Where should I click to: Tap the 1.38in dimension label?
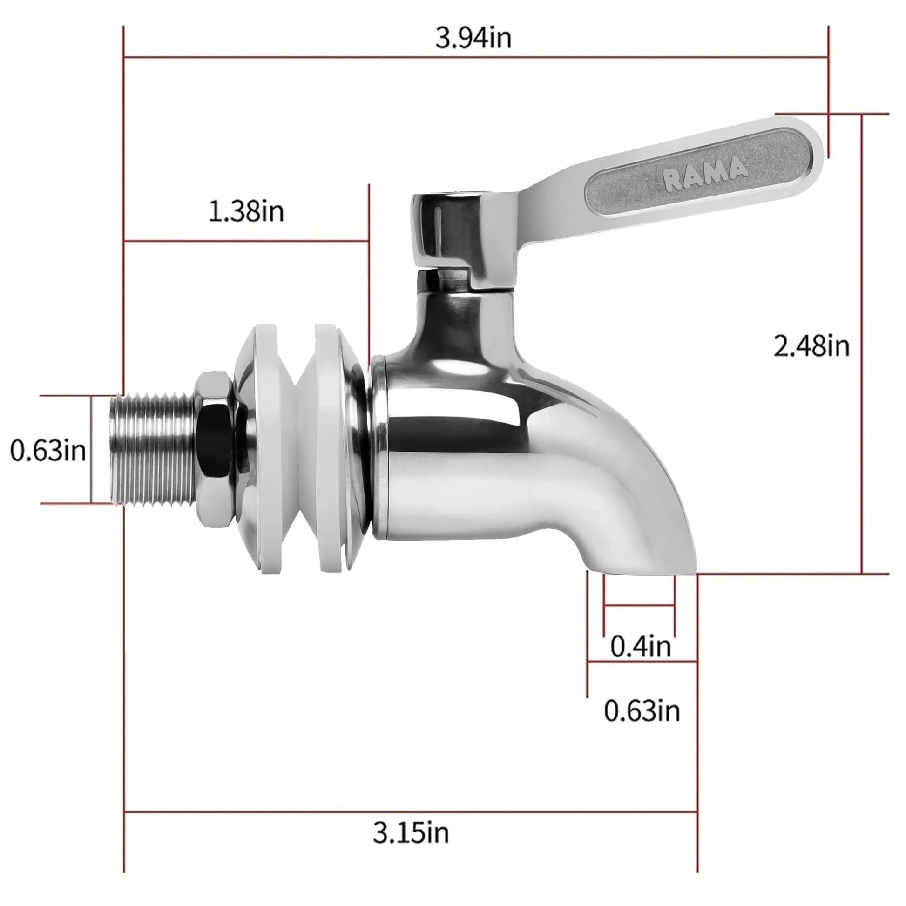pos(246,211)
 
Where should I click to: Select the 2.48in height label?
pos(811,346)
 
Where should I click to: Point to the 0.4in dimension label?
pos(641,647)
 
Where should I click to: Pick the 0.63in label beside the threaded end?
pos(48,451)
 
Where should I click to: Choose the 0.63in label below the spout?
pos(642,711)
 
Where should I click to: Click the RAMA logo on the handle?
pos(705,174)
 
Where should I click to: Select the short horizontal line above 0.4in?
pos(640,605)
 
